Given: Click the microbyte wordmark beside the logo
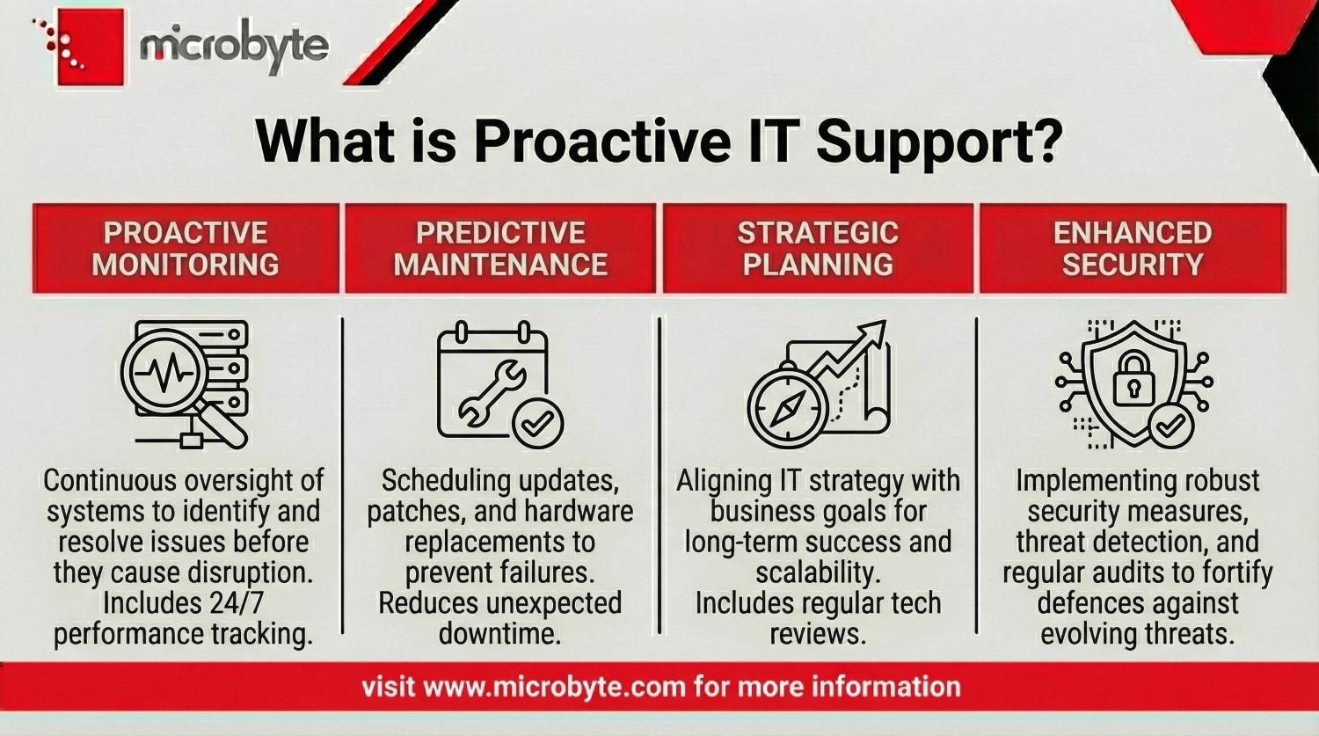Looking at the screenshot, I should tap(233, 46).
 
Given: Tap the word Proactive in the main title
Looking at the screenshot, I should tap(601, 141).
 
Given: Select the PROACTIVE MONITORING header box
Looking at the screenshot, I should tap(186, 248).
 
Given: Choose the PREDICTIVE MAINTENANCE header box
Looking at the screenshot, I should tap(500, 248).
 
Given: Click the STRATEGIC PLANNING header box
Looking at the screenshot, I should tap(818, 248).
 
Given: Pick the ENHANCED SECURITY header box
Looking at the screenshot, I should tap(1133, 248).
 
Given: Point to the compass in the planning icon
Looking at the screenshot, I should tap(787, 406).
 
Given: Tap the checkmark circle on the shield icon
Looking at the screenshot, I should tap(1170, 427).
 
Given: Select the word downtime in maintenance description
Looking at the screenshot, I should tap(499, 633).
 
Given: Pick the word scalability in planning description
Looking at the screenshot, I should tap(818, 572).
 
